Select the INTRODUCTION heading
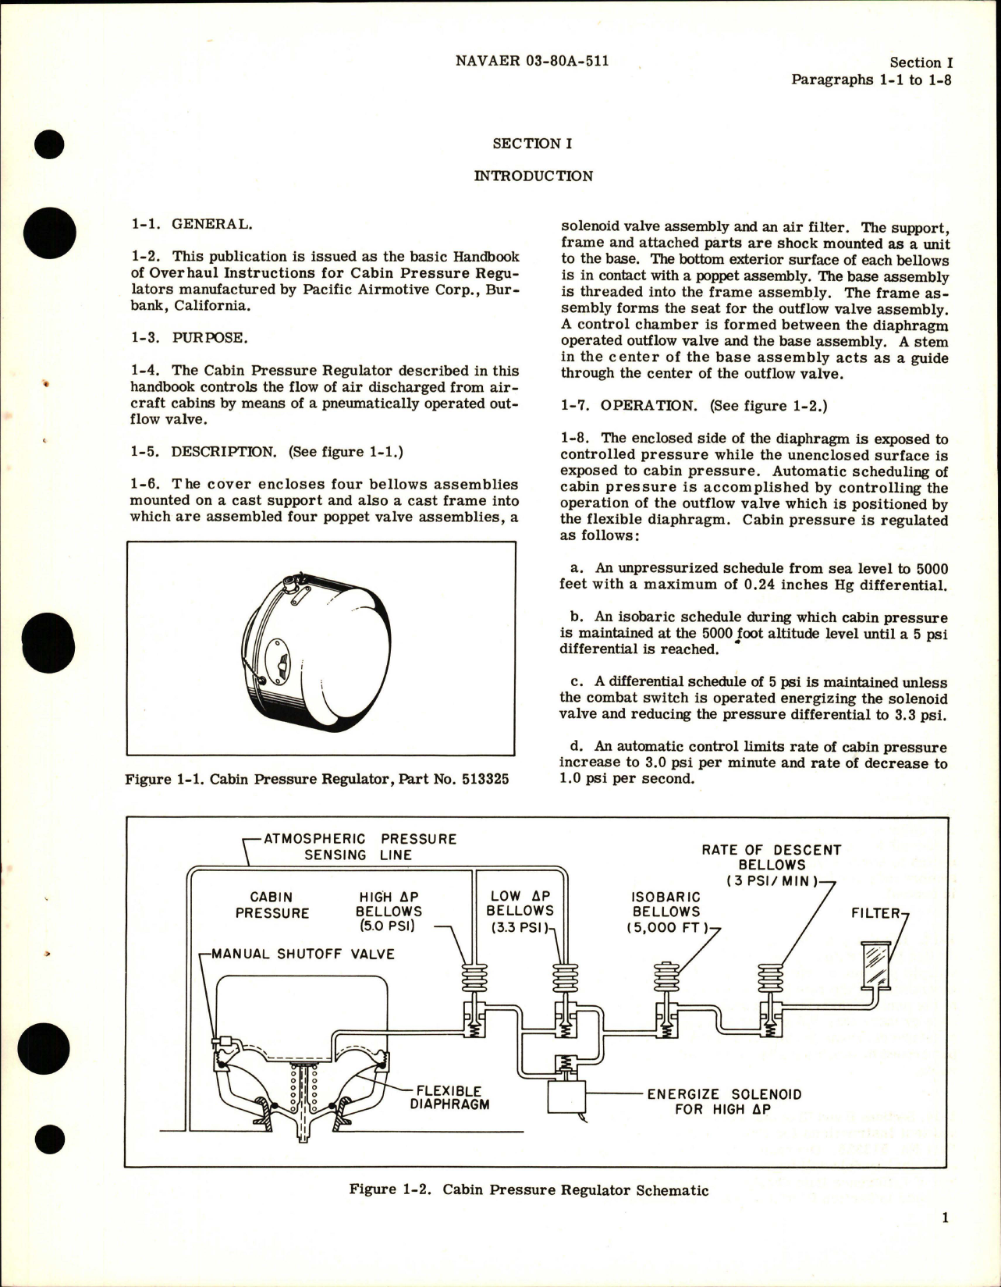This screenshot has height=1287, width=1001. [x=533, y=176]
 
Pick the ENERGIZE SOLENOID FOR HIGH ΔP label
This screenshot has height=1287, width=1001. [x=724, y=1101]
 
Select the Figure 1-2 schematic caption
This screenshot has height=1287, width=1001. [x=529, y=1190]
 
